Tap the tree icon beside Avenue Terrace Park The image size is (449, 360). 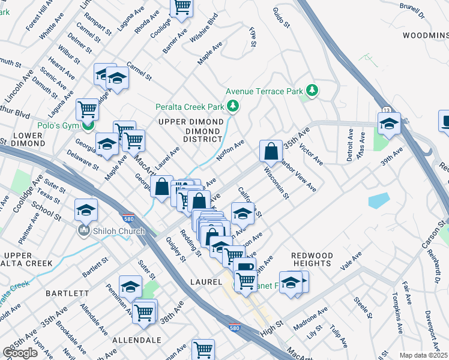coord(312,91)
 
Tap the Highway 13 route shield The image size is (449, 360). coord(385,110)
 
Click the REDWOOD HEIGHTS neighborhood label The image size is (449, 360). coord(312,259)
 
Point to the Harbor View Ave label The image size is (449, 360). coord(298,175)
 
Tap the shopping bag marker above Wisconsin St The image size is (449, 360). coord(271,151)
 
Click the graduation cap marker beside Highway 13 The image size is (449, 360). coord(389,124)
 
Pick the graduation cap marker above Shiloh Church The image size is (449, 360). coord(86,210)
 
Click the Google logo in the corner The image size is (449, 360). coord(20,353)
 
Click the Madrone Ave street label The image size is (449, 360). coord(310,316)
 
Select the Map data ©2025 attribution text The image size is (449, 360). coord(423,355)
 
